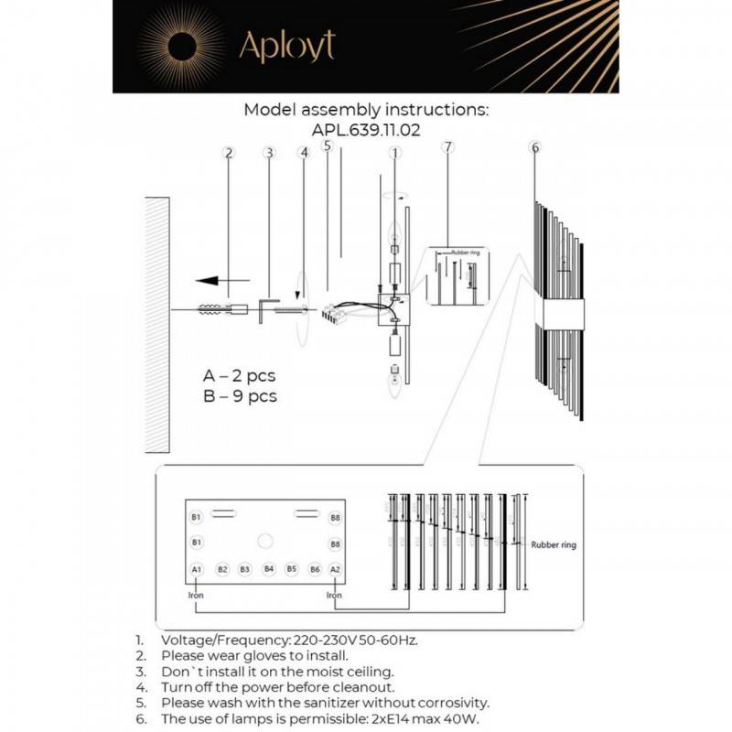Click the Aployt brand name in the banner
[x=286, y=46]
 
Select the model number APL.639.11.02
[x=366, y=130]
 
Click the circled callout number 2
[x=229, y=153]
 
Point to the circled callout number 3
[x=268, y=153]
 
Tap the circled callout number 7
[x=447, y=147]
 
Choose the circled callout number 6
[x=535, y=147]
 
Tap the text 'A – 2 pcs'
[x=239, y=375]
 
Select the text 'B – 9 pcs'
[x=239, y=396]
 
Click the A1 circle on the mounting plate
[x=196, y=569]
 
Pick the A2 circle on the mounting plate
[x=335, y=569]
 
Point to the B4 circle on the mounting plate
[x=268, y=569]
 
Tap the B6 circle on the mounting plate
[x=314, y=569]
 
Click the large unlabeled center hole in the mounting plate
[x=265, y=540]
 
